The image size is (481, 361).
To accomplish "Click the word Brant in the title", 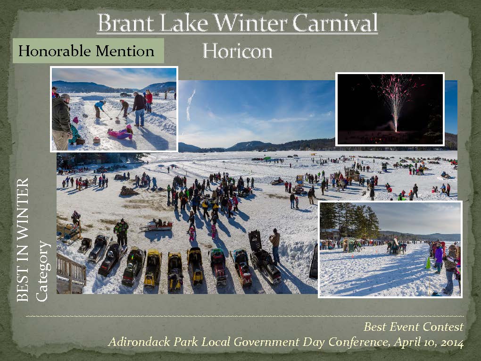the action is click(125, 23).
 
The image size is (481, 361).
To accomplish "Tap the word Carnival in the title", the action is click(335, 23).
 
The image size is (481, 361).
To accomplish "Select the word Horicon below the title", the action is click(237, 51).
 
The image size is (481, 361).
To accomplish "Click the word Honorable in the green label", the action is click(54, 50).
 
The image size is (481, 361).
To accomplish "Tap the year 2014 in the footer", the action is click(452, 342).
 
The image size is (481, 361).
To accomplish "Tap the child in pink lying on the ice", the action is click(120, 133).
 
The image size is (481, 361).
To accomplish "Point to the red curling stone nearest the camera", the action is click(97, 140).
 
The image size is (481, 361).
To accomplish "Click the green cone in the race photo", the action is click(428, 263).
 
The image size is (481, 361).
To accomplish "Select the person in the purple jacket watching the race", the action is click(439, 258).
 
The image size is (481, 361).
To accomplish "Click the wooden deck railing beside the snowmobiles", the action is click(71, 269).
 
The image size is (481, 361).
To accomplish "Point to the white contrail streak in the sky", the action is click(190, 104).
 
